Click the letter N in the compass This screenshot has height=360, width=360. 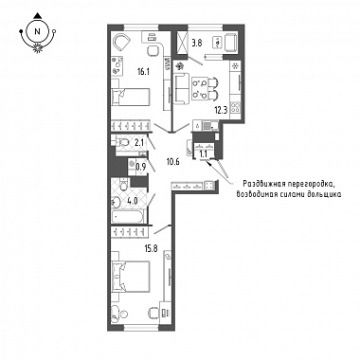[x=38, y=31]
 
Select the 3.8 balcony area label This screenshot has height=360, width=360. [x=196, y=44]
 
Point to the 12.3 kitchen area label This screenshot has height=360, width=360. [x=220, y=111]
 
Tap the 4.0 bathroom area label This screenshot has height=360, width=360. [x=134, y=201]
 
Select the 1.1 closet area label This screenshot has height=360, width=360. [x=203, y=154]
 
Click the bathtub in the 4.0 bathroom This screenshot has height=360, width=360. [x=128, y=217]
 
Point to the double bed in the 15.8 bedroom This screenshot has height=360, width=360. [x=130, y=276]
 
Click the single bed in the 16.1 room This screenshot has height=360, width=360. [x=130, y=97]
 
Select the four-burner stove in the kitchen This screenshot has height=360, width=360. [x=235, y=108]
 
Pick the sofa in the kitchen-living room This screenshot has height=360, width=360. [x=181, y=88]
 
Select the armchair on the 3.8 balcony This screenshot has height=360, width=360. [x=232, y=42]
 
